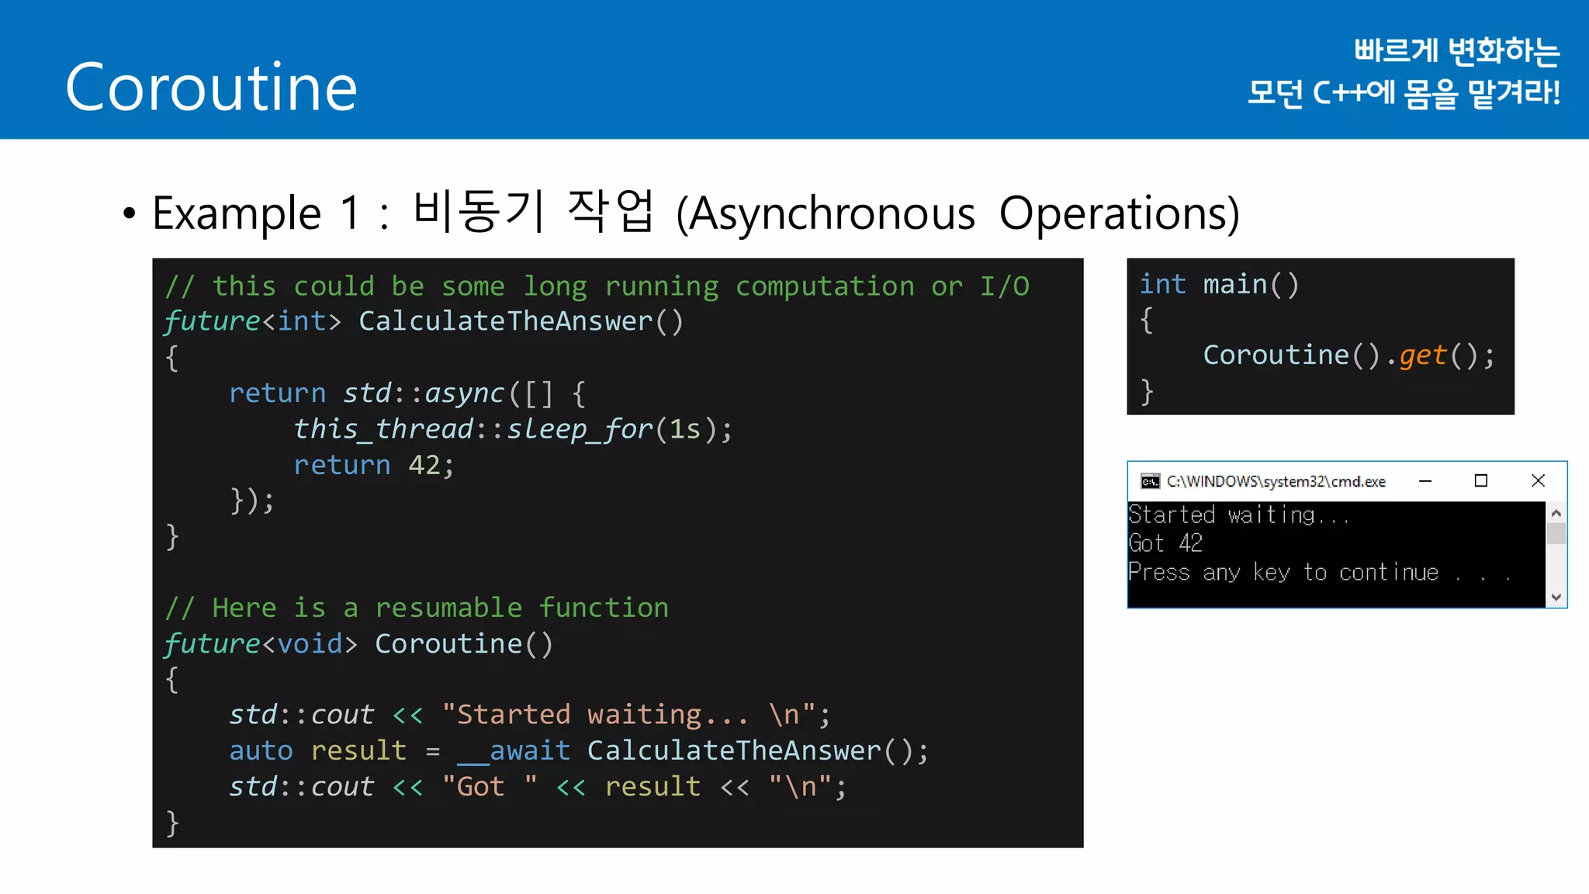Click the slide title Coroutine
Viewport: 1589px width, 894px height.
click(211, 87)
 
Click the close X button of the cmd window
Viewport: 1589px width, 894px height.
click(1538, 481)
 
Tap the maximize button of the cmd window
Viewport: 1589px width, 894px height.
click(1480, 481)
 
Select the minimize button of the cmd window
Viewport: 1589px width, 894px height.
click(1425, 481)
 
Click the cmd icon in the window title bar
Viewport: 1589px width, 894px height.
click(1150, 482)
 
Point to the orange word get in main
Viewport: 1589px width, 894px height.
click(1423, 355)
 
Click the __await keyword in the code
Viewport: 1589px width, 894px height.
click(514, 751)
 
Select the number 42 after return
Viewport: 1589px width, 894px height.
click(424, 465)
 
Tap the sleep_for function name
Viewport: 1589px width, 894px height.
click(580, 429)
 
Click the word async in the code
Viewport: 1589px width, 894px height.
click(464, 393)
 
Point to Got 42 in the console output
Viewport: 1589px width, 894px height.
click(1165, 543)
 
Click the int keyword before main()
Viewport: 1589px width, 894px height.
click(1162, 285)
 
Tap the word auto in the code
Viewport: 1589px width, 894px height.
click(261, 751)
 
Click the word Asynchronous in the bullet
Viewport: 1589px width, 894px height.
click(832, 213)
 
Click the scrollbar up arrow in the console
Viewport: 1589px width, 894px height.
click(1556, 513)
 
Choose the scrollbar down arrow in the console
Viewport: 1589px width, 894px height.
click(1556, 597)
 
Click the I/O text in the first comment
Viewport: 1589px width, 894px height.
click(1005, 286)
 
